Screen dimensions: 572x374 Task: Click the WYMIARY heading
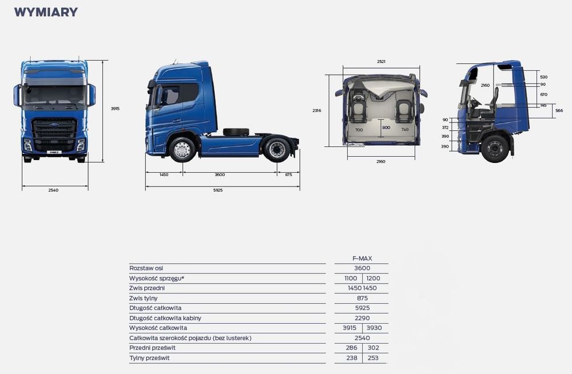coord(46,12)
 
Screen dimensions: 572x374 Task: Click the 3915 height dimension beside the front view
coord(115,109)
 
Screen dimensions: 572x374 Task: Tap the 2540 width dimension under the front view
coord(53,190)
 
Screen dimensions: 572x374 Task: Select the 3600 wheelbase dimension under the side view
coord(220,175)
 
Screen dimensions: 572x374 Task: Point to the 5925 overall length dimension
coord(218,190)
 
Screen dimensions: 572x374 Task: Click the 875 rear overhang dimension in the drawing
coord(288,175)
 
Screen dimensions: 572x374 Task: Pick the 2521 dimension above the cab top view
coord(381,62)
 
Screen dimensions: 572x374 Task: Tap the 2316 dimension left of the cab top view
coord(317,110)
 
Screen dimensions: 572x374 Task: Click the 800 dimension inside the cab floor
coord(386,128)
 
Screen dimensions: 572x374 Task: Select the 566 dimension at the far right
coord(559,110)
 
